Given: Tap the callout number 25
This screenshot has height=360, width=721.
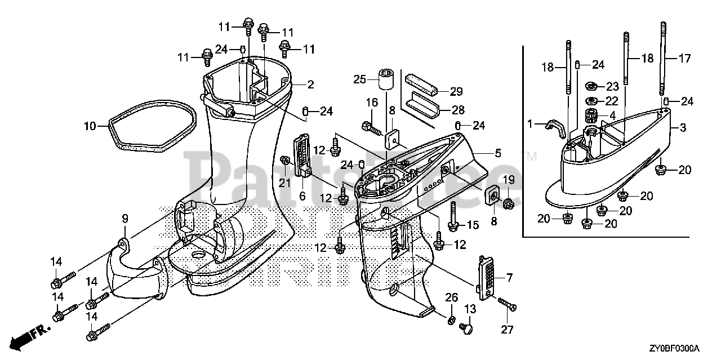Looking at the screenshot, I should click(359, 79).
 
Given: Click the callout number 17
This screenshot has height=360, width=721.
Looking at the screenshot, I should click(684, 57).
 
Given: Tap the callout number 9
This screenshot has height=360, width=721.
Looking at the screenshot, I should click(125, 219).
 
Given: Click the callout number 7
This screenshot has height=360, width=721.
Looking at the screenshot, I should click(510, 277).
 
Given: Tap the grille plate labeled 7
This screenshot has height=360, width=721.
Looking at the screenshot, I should click(488, 275).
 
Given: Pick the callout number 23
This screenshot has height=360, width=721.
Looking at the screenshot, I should click(612, 87).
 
